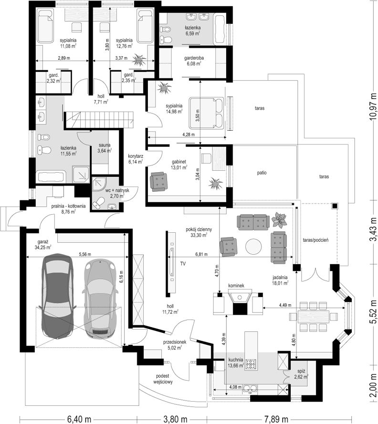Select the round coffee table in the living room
[253, 246]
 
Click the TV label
[183, 263]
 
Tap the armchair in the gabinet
[158, 181]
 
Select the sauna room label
[104, 148]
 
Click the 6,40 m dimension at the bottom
[79, 419]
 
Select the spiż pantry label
[301, 374]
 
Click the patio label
[262, 173]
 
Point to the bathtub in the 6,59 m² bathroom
[220, 30]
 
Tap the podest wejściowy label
[163, 379]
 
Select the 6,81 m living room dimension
[201, 254]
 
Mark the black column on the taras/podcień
[335, 206]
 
